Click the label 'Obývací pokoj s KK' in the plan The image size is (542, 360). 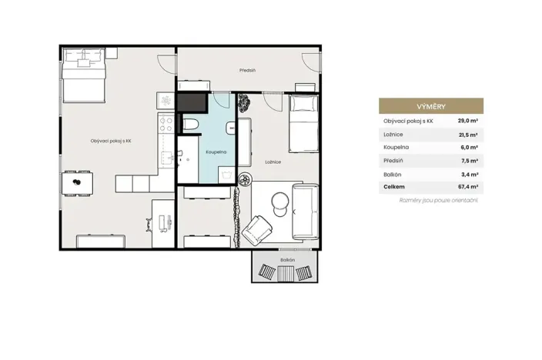pyautogui.click(x=111, y=141)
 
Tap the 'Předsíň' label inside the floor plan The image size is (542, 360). pyautogui.click(x=247, y=71)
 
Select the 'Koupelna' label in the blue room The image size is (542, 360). pyautogui.click(x=216, y=152)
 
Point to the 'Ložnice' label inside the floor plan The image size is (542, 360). pyautogui.click(x=273, y=162)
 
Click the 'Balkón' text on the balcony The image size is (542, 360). pyautogui.click(x=287, y=260)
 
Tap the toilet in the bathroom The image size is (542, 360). pyautogui.click(x=191, y=125)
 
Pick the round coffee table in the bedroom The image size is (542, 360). pyautogui.click(x=278, y=202)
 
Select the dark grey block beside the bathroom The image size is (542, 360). pyautogui.click(x=192, y=102)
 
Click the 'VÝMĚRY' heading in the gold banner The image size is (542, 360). pyautogui.click(x=430, y=106)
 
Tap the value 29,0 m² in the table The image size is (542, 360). pyautogui.click(x=468, y=121)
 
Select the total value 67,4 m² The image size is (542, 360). pyautogui.click(x=468, y=187)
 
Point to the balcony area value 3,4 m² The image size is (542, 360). pyautogui.click(x=470, y=174)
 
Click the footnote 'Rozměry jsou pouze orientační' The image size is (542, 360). pyautogui.click(x=439, y=200)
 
